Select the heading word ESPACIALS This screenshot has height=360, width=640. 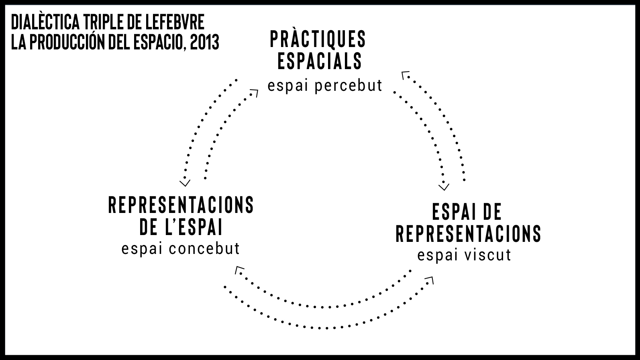(320, 61)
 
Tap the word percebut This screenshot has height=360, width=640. (349, 86)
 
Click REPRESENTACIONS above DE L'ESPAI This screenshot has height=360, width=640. (181, 205)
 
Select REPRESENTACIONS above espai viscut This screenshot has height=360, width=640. (469, 233)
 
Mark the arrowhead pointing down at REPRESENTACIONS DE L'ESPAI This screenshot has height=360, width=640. (185, 183)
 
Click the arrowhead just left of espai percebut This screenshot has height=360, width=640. (254, 93)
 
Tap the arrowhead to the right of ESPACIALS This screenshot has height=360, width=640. (405, 75)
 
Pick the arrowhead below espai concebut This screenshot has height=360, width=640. (238, 270)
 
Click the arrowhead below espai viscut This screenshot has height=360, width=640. (430, 279)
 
